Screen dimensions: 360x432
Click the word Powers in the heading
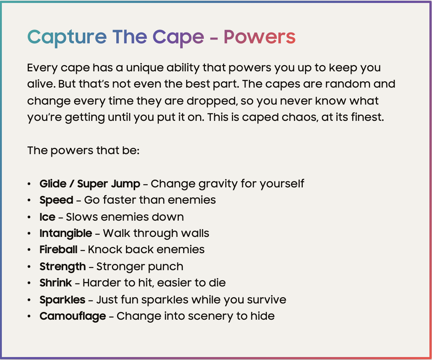click(259, 37)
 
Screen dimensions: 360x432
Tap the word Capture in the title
click(67, 37)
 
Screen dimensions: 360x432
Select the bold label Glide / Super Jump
click(90, 184)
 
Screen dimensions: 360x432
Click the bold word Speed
click(56, 200)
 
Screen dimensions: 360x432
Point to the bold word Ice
click(47, 217)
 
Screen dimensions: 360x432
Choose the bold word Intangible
click(66, 233)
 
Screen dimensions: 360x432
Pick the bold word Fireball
click(58, 249)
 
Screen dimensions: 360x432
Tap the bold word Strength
click(62, 266)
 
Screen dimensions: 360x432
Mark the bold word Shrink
click(55, 283)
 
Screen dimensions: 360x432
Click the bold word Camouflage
click(73, 316)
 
